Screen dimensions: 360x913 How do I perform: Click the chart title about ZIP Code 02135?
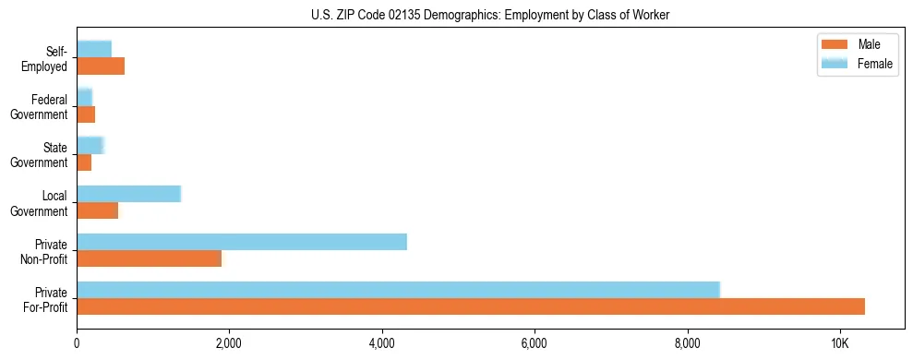coord(489,15)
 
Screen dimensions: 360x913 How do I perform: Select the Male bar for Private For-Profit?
coord(471,306)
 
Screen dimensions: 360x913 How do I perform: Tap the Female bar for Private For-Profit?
coord(398,290)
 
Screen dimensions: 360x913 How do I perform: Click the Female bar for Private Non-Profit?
coord(242,242)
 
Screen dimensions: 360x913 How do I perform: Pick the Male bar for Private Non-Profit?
coord(150,258)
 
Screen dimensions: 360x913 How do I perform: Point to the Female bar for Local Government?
coord(128,193)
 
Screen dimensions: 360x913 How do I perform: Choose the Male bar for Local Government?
coord(98,210)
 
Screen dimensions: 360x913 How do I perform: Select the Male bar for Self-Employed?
coord(101,66)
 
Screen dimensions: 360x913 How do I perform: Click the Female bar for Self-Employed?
coord(94,49)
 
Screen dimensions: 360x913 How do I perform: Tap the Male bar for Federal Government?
coord(86,114)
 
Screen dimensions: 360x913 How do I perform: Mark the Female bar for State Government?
coord(90,145)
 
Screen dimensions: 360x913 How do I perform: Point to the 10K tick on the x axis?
coord(839,342)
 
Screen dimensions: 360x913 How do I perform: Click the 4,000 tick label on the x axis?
coord(382,342)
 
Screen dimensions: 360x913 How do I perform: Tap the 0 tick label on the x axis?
coord(77,342)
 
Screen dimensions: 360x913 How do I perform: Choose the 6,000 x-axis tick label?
coord(535,342)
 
